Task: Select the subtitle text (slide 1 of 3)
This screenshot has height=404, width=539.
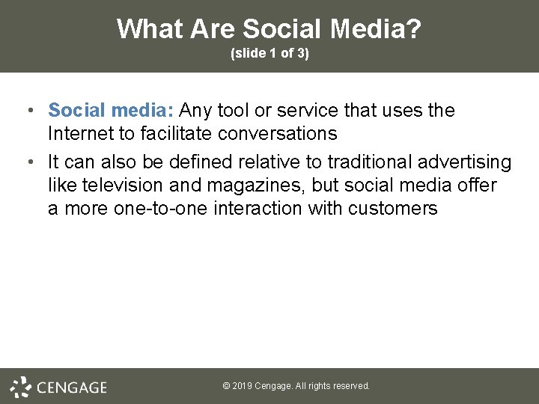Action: coord(269,54)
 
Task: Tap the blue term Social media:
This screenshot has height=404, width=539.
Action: coord(111,111)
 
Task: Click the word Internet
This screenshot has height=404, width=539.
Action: coord(82,134)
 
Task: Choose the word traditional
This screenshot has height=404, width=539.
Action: coord(370,162)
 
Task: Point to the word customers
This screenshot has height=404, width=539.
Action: coord(393,209)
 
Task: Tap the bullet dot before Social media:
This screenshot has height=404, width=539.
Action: coord(28,111)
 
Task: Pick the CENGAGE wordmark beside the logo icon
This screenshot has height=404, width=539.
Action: coord(71,388)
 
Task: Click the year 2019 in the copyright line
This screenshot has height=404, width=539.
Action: coord(242,386)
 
